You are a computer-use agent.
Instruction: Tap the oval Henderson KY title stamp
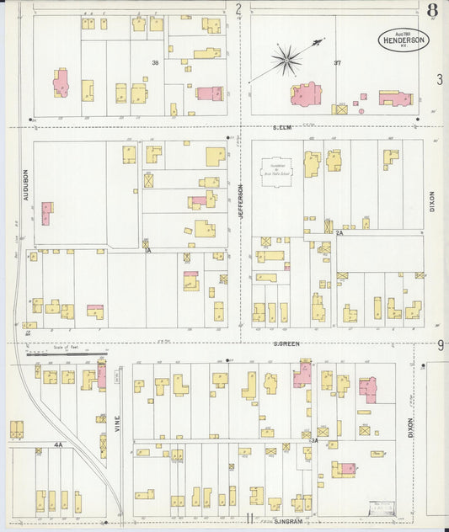[403, 40]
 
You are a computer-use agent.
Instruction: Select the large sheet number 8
[432, 11]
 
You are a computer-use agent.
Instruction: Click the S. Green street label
[286, 343]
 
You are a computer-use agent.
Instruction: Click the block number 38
[155, 62]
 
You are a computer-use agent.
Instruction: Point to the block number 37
[337, 63]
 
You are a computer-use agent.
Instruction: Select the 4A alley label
[58, 444]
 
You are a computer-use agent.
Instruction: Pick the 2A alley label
[339, 231]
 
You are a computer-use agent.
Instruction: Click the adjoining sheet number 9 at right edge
[441, 345]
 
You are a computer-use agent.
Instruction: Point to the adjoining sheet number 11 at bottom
[249, 519]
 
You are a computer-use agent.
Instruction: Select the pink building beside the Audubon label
[47, 212]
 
